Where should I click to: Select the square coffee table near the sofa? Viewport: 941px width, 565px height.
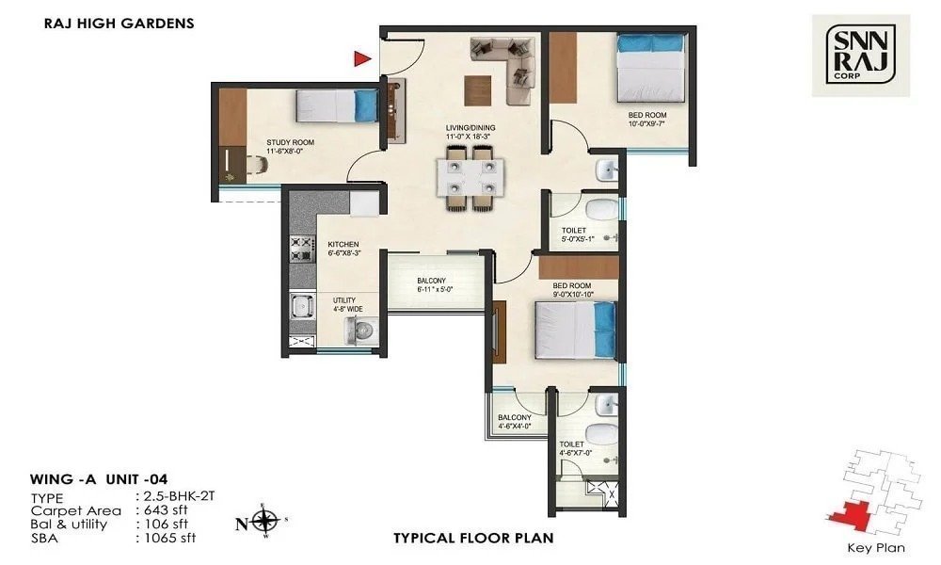point(477,89)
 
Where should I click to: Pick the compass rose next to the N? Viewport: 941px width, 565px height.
point(266,520)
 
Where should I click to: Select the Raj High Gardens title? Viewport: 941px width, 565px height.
point(120,24)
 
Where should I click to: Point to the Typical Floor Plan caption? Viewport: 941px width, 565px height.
point(472,539)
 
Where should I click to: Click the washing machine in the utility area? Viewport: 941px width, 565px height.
point(361,331)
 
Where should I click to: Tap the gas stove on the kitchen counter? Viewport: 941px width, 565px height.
point(300,248)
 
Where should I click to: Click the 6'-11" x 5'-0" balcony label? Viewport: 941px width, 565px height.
point(436,285)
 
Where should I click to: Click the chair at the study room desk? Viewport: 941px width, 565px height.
point(255,166)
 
